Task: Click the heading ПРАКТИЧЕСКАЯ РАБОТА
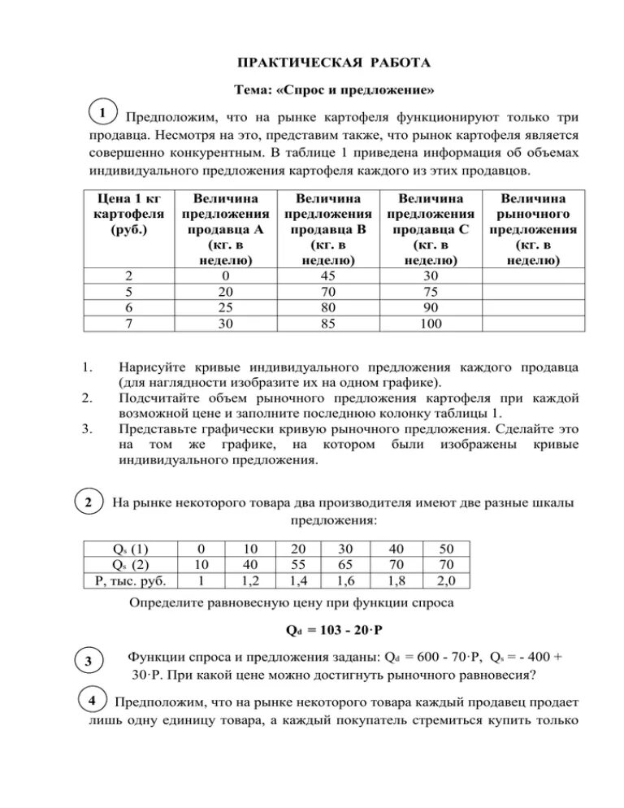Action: point(333,63)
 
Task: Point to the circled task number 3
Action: point(89,661)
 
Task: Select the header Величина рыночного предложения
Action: point(533,228)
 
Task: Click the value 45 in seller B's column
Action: point(330,276)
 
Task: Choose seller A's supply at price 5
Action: point(227,292)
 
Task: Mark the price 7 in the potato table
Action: point(130,324)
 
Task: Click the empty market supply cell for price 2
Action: point(533,276)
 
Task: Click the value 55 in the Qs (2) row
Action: point(298,563)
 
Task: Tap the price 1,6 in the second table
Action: point(344,580)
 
